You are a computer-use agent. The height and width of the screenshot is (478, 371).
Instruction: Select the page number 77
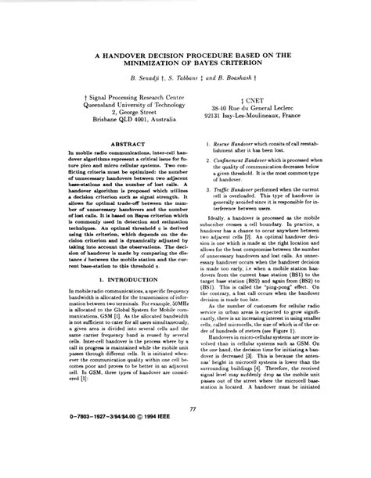[192, 429]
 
